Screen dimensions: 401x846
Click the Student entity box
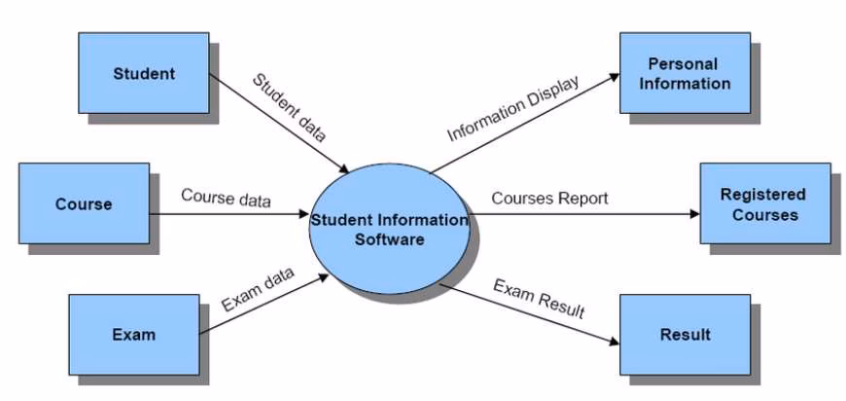[x=143, y=73]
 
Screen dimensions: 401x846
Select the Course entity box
[x=84, y=204]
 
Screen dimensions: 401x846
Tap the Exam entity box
[x=133, y=335]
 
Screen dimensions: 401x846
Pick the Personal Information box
[x=684, y=74]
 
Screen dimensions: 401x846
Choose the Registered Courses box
[x=764, y=204]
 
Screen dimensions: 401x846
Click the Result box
[x=685, y=335]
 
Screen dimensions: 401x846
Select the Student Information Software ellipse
[x=389, y=229]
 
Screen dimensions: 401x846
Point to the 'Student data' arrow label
[x=290, y=108]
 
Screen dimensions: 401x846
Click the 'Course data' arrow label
[x=226, y=198]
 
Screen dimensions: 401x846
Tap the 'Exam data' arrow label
[x=257, y=289]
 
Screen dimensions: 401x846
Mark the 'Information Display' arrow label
[x=512, y=108]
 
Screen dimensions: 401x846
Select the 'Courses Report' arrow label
[x=549, y=198]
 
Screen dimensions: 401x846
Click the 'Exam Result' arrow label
[x=539, y=299]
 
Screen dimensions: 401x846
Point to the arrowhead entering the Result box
[x=613, y=342]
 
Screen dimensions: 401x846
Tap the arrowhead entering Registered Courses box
[x=693, y=214]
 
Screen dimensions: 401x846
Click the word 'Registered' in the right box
[x=763, y=195]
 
